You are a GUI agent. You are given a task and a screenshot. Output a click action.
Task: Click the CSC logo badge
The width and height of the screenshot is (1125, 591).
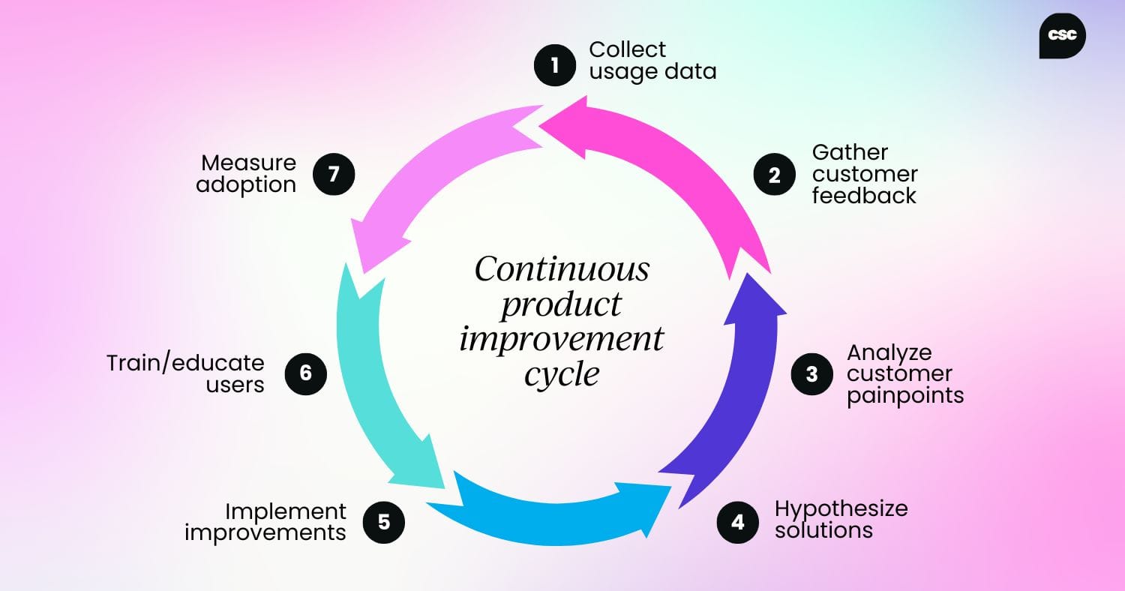(1062, 36)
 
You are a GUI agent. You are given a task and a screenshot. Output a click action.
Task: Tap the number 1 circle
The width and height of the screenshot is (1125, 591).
(555, 65)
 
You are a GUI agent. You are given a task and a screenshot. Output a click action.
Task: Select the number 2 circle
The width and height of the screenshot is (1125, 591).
(775, 174)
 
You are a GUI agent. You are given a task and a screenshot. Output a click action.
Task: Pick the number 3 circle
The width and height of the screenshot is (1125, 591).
(812, 373)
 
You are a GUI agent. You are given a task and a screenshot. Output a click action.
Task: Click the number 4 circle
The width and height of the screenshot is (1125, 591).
(738, 521)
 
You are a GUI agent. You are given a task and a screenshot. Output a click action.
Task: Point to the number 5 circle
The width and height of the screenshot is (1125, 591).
(384, 521)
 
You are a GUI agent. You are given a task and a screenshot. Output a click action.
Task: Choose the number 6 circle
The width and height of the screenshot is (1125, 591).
(306, 373)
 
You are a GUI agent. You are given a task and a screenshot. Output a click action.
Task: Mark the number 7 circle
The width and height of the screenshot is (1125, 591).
(334, 174)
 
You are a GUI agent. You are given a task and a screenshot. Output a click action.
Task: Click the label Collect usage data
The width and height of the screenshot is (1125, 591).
(652, 60)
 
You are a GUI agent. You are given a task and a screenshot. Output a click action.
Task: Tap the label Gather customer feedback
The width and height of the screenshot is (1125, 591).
(865, 174)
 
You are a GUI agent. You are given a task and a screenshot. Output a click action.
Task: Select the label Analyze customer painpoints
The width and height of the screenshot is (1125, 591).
(905, 373)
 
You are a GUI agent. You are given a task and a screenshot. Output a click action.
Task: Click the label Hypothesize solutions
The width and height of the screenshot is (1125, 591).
(841, 519)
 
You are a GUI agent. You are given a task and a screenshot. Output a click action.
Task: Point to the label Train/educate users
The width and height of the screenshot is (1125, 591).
(185, 373)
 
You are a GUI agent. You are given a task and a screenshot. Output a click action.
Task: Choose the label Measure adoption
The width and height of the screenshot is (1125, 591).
(247, 174)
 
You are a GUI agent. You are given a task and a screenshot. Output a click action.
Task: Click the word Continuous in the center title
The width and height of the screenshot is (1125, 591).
(562, 269)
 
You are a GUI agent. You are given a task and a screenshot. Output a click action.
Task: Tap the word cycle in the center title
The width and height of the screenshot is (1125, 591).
(562, 373)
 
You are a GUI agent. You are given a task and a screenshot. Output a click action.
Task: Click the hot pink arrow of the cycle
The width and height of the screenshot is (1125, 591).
(675, 172)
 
